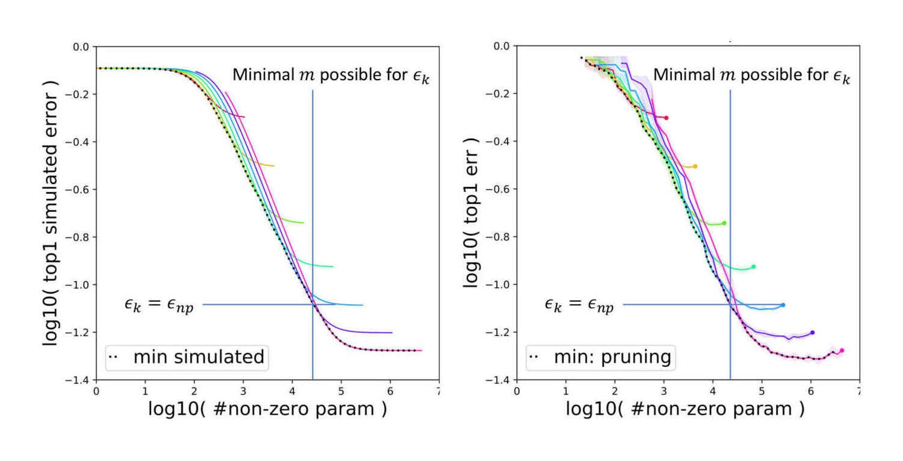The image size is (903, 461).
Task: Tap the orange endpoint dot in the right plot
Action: tap(695, 166)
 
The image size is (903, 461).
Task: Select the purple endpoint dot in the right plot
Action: tap(812, 332)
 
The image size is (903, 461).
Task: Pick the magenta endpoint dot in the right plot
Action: tap(841, 350)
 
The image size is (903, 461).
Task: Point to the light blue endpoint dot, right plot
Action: tap(783, 305)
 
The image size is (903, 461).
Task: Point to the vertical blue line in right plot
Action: tap(730, 241)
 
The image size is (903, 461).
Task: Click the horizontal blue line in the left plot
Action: tap(254, 304)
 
